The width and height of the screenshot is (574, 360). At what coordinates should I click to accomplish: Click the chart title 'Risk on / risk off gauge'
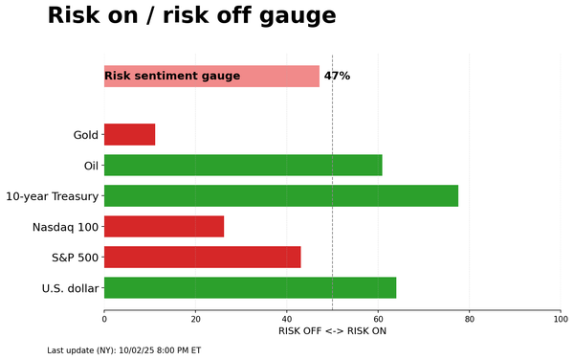(x=191, y=16)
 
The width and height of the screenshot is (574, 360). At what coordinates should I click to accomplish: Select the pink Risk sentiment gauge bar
(x=211, y=77)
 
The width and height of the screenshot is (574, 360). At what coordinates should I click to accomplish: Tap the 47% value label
(x=337, y=77)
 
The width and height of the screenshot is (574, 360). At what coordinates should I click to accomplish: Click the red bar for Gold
(x=129, y=135)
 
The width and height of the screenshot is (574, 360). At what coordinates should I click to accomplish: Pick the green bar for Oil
(x=243, y=166)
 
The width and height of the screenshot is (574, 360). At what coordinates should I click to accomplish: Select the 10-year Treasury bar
(x=280, y=196)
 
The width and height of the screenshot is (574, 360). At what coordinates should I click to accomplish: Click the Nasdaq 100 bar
(x=164, y=227)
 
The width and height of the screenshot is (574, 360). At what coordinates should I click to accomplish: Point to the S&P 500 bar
(x=202, y=258)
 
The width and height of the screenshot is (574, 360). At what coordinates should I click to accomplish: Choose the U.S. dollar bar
(x=250, y=288)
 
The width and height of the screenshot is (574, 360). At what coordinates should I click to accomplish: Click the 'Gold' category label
(x=85, y=135)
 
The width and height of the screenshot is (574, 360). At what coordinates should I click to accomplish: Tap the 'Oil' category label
(x=90, y=166)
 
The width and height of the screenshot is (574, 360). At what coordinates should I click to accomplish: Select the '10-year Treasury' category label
(x=52, y=196)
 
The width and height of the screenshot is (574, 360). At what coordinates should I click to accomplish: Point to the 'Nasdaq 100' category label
(x=65, y=227)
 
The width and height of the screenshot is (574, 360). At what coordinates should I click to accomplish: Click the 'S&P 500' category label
(x=75, y=258)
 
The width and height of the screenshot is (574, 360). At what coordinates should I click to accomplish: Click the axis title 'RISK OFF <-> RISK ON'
(x=332, y=331)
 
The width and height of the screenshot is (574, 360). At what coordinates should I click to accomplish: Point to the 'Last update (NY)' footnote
(x=123, y=350)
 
